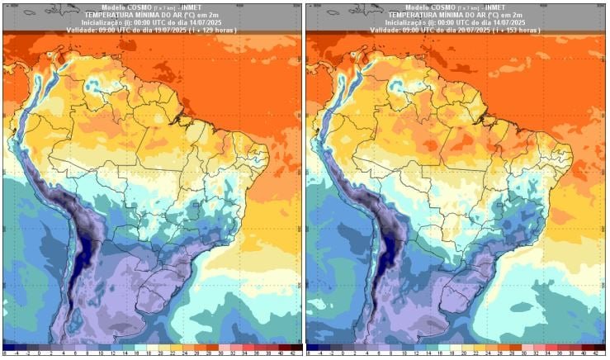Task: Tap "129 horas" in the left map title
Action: pos(219,30)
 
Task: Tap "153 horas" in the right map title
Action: pos(523,30)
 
